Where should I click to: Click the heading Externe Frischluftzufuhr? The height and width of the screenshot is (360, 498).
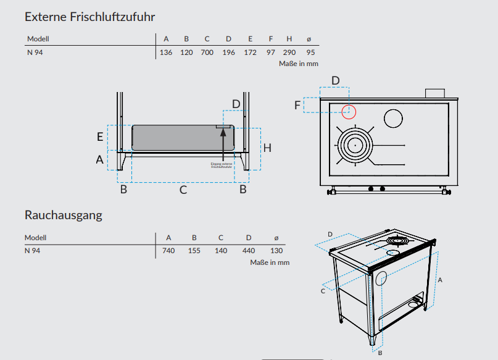pos(89,17)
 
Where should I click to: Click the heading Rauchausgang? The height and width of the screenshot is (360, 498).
pos(63,216)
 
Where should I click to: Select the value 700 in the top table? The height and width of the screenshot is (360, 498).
pos(207,52)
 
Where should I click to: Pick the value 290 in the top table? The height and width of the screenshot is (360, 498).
pos(289,52)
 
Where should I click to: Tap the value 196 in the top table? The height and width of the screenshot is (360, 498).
pos(228,52)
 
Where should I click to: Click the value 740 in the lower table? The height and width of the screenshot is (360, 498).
pos(168,251)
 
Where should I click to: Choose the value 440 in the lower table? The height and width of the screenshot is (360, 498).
pos(249,251)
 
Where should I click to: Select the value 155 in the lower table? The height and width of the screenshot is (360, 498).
pos(194,251)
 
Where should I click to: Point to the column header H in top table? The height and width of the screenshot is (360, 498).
pos(289,39)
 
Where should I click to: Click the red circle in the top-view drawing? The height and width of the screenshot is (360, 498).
pos(349,112)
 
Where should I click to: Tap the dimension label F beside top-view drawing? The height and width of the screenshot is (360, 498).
pos(297,106)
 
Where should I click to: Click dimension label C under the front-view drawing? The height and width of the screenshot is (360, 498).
pos(183,190)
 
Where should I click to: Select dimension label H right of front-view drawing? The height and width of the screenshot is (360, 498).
pos(267,148)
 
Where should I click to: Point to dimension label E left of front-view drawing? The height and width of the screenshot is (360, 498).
pos(100,136)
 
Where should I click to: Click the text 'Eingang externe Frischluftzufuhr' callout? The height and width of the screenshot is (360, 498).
pos(222,165)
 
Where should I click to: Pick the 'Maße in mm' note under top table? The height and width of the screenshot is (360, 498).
pos(299,64)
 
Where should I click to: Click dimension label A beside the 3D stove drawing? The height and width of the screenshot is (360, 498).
pos(439,280)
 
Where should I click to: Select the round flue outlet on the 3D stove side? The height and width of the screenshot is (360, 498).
pos(381,278)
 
